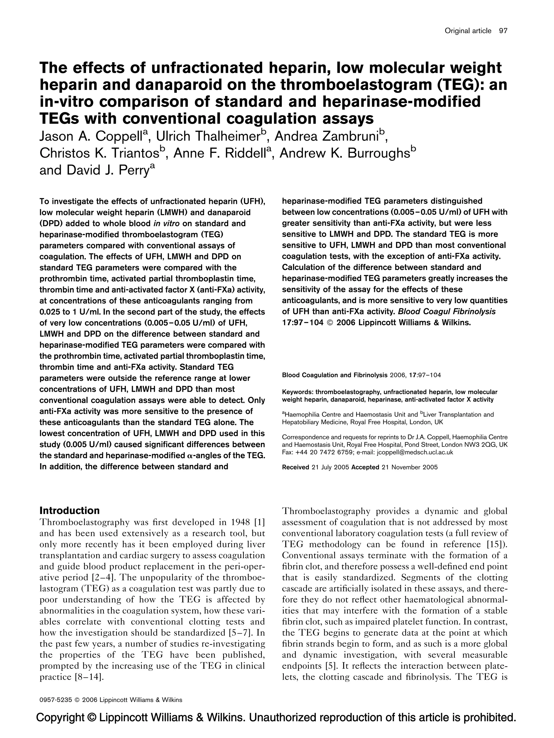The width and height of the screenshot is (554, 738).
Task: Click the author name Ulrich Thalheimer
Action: (x=208, y=136)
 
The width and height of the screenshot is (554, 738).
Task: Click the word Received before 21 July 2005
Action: (x=295, y=467)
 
